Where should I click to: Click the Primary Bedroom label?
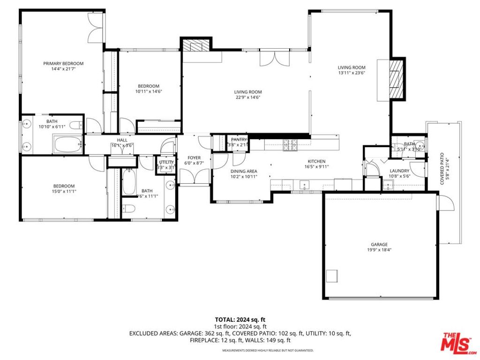[x=63, y=64]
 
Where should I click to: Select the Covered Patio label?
[x=442, y=169]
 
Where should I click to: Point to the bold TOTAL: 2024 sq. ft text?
[x=240, y=320]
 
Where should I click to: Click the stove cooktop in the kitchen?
[x=290, y=146]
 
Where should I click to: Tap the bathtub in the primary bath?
[x=68, y=144]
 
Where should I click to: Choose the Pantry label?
[x=239, y=140]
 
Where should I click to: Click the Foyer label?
[x=194, y=158]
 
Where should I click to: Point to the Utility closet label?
[x=166, y=162]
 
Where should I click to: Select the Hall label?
[x=122, y=140]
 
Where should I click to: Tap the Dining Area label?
[x=244, y=171]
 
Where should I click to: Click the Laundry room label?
[x=399, y=171]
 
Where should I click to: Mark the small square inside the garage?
[x=332, y=276]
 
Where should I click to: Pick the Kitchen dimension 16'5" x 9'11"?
[x=317, y=167]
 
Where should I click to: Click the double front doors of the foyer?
[x=194, y=177]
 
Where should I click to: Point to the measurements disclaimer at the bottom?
[x=268, y=350]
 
